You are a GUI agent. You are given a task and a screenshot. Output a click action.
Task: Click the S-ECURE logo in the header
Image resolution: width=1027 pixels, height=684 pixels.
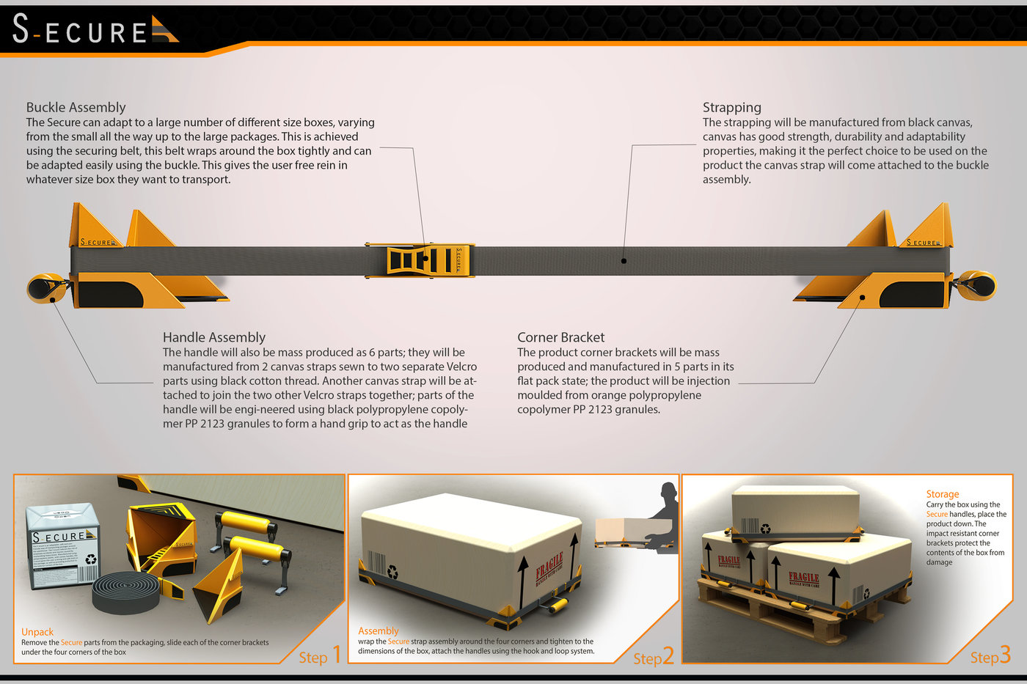(94, 30)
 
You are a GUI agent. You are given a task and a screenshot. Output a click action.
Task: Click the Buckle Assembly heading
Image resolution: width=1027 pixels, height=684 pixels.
(76, 108)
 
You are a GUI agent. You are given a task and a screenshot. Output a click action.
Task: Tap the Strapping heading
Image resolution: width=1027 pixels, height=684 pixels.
(731, 108)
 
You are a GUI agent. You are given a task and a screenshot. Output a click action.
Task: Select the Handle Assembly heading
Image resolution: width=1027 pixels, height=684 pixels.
(213, 337)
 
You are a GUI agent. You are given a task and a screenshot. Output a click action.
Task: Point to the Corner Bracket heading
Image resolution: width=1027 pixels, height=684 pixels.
(560, 337)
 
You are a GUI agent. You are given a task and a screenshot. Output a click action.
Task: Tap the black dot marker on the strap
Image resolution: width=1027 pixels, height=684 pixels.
(624, 260)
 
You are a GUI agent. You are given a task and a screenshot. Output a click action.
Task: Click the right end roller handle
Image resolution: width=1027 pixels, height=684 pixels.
(977, 284)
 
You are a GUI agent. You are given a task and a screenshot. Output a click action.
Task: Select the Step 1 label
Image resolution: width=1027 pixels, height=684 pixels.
(320, 655)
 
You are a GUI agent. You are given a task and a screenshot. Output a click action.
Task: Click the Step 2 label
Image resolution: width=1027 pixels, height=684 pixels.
(653, 657)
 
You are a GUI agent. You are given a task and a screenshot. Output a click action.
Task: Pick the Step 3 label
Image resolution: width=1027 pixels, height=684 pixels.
(990, 655)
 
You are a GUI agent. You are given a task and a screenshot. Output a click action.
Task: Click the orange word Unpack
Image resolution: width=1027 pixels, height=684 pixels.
(37, 631)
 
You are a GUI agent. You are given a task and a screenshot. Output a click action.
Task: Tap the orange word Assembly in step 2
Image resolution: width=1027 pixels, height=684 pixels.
(379, 630)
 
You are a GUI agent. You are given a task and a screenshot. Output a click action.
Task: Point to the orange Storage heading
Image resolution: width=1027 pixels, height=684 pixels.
(942, 494)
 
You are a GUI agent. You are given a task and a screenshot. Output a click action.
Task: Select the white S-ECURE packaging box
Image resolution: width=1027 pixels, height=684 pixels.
(62, 546)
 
